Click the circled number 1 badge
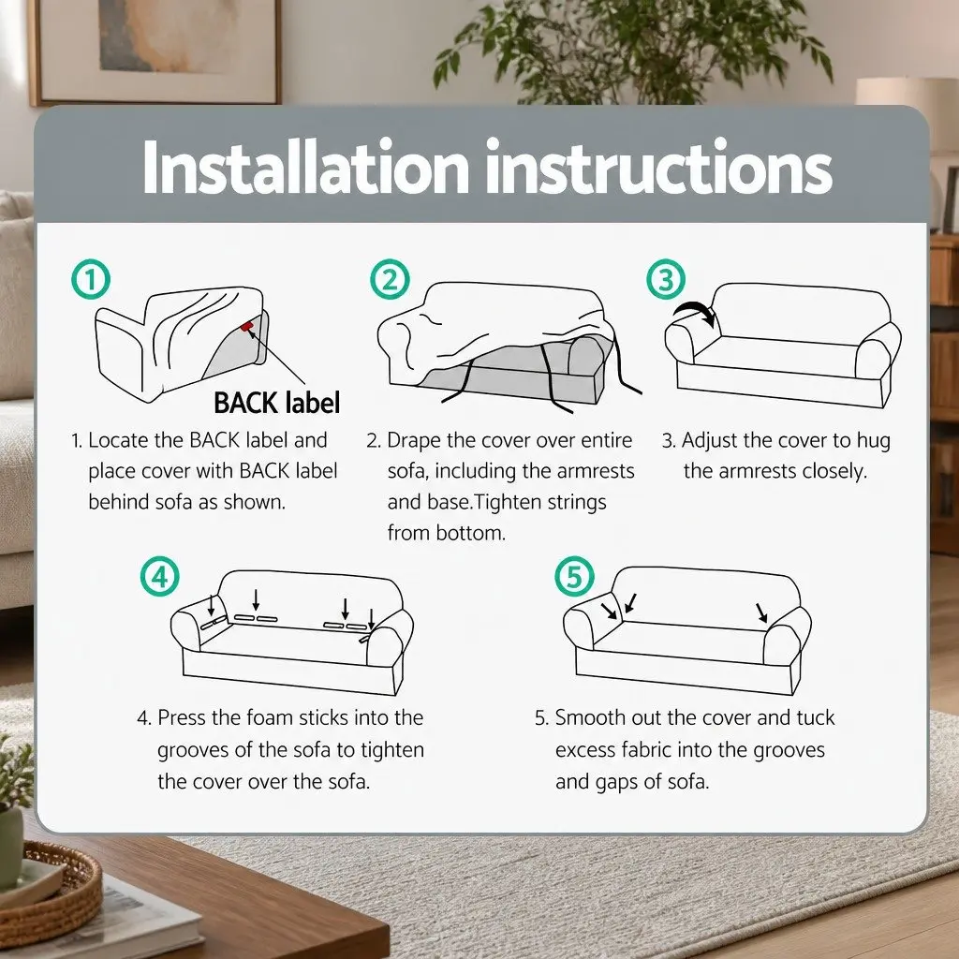(91, 279)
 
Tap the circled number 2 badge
(390, 279)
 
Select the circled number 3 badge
(666, 279)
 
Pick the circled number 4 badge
(159, 576)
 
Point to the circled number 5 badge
(574, 576)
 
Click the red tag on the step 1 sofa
(246, 327)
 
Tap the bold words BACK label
(276, 403)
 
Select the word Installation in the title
(306, 168)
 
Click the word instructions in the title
(658, 168)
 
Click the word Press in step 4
(181, 717)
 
